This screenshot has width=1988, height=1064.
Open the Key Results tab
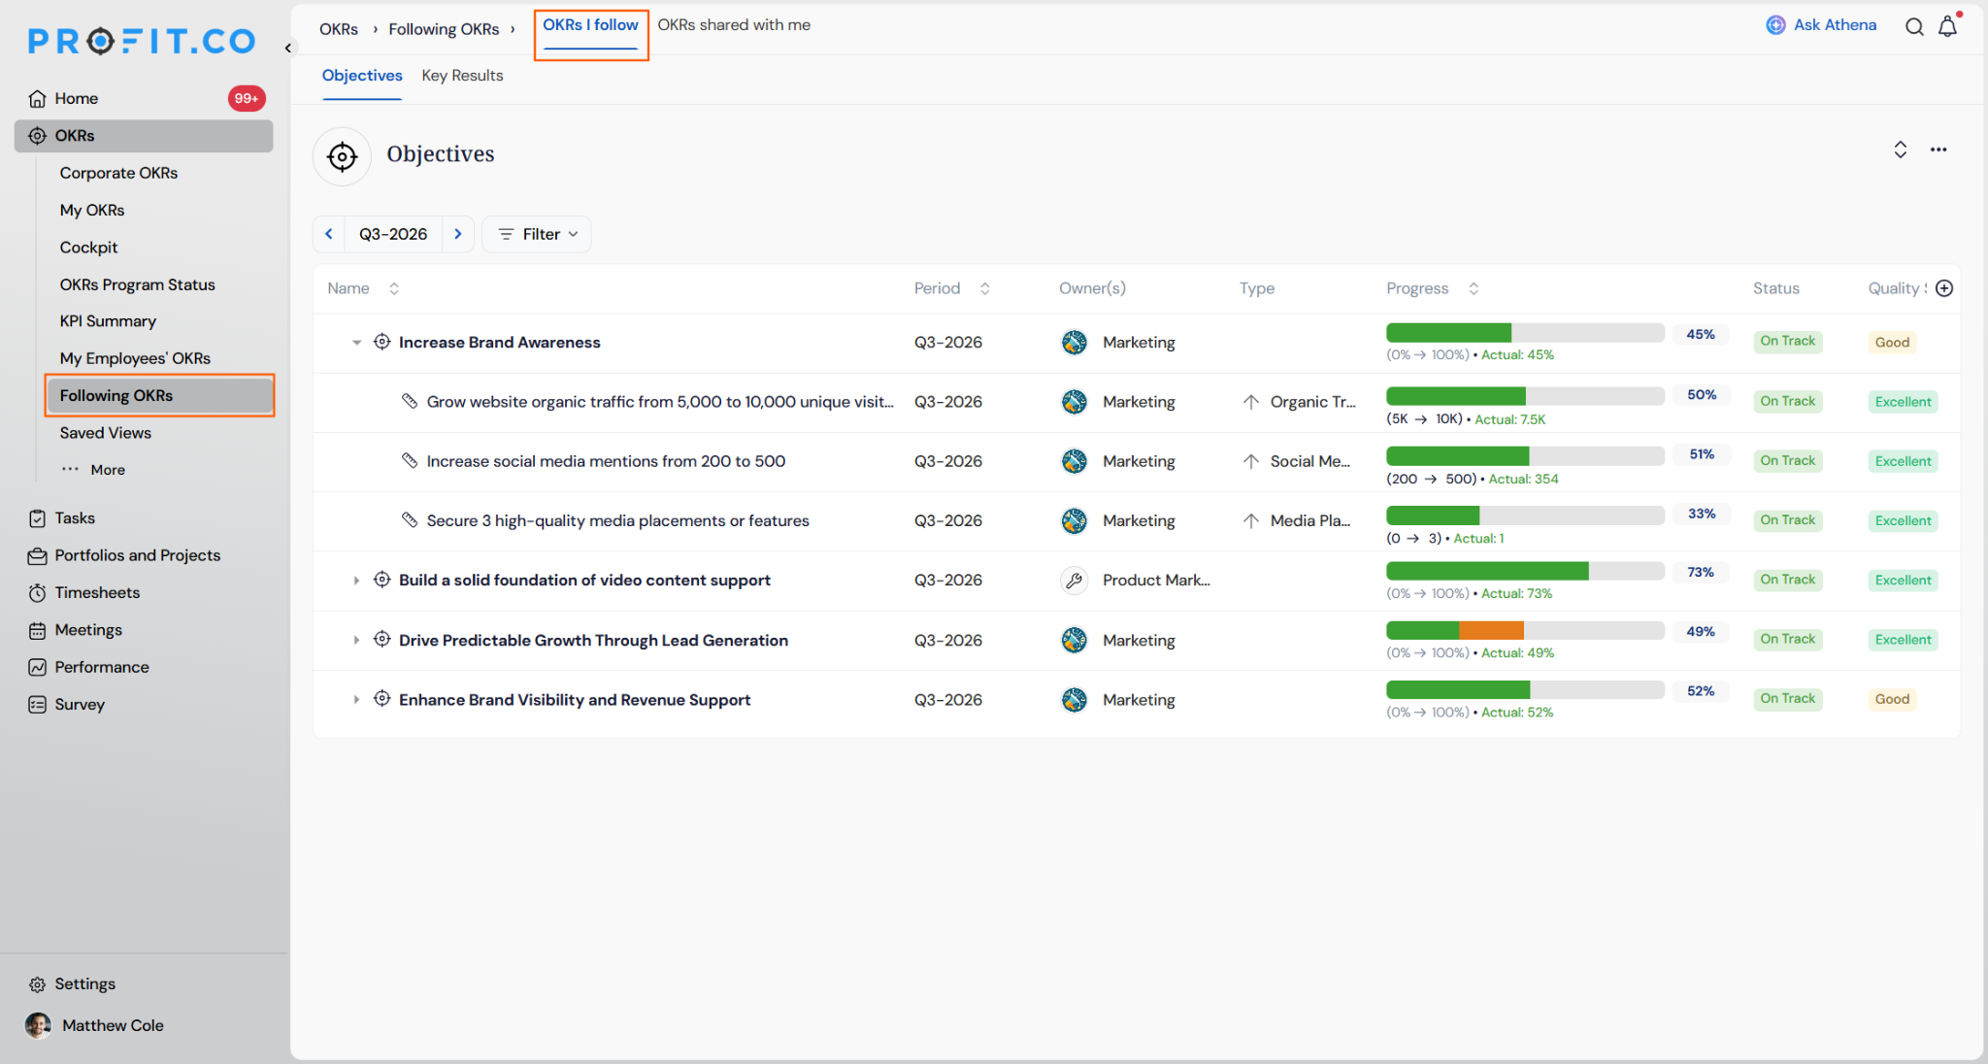(462, 76)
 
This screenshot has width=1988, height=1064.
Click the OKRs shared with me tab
(734, 25)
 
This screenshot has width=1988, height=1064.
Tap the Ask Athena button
(1821, 25)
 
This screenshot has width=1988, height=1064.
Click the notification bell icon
(1948, 26)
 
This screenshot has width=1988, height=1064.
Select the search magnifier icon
(1914, 26)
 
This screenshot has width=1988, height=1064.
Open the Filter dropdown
(537, 234)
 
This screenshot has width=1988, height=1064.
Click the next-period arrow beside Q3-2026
(458, 234)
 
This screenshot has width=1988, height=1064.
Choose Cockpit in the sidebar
(88, 248)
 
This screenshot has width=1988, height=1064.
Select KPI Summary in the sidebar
(108, 321)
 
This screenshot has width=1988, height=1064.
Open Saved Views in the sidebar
(106, 433)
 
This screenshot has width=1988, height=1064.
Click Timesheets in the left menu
(97, 593)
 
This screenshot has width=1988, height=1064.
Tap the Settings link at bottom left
(84, 984)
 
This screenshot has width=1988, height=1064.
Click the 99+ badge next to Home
(247, 98)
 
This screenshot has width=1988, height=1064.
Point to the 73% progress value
(1701, 573)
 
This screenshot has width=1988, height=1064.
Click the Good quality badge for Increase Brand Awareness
(1892, 343)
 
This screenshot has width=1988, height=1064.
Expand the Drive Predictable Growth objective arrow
(356, 641)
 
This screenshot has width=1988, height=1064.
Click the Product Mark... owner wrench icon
(1074, 581)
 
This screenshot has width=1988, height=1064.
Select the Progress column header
(1417, 288)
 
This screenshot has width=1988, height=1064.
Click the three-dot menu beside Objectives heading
(1938, 150)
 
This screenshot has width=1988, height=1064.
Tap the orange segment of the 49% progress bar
(1491, 631)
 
